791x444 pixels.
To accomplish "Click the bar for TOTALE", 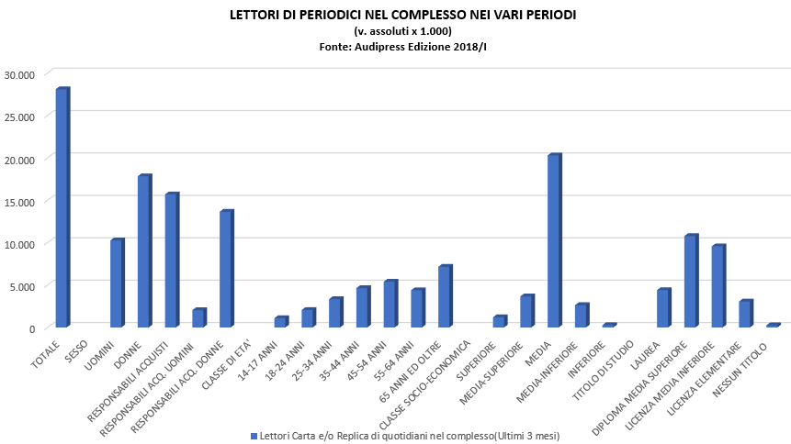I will [62, 208].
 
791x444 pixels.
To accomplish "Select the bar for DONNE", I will [144, 251].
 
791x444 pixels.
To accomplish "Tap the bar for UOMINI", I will [117, 283].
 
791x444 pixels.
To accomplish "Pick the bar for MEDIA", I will [554, 241].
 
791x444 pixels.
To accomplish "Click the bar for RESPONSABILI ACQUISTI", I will [171, 261].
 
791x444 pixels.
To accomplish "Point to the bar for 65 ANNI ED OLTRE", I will [445, 296].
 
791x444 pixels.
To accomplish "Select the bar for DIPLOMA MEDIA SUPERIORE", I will [691, 282].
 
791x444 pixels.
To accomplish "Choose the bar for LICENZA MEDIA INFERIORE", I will [718, 286].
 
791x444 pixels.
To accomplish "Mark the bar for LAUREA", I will [663, 308].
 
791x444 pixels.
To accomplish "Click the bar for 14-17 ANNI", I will [280, 322].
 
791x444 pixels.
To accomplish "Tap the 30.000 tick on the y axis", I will [19, 74].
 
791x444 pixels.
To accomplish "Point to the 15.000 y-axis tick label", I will [19, 201].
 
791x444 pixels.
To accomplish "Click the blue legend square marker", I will [254, 434].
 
